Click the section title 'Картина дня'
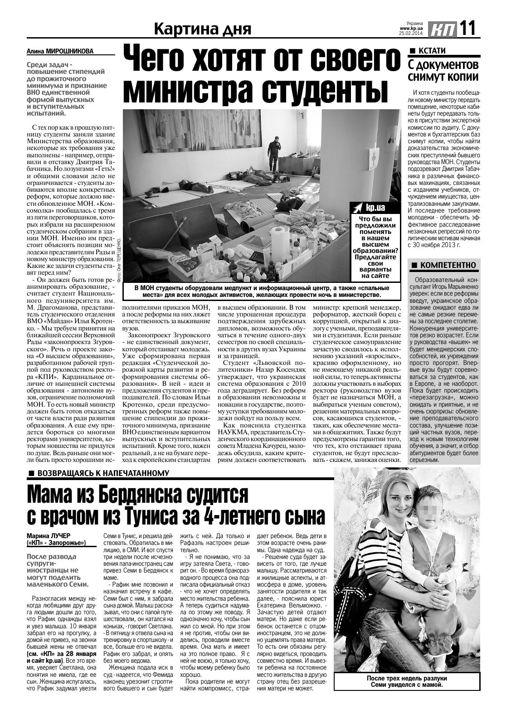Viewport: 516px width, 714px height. (x=202, y=29)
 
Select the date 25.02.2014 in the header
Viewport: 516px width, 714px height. (x=410, y=33)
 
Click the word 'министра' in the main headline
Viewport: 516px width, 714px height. (x=191, y=91)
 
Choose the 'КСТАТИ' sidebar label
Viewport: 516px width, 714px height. (x=431, y=50)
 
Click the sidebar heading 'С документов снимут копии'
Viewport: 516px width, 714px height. (x=443, y=70)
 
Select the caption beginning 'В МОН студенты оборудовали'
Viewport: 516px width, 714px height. (x=262, y=291)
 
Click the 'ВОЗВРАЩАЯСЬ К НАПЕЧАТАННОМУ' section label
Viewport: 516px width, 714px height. (x=102, y=473)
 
